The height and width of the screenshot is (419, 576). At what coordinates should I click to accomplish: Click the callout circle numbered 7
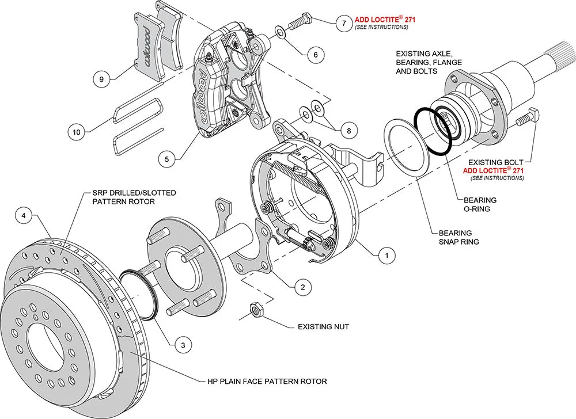coord(344,24)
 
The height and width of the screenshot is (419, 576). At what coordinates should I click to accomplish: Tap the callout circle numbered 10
coord(76,132)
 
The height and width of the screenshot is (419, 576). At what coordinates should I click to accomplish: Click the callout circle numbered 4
coord(24,216)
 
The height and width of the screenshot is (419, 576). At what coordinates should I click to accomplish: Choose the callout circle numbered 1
coord(386,253)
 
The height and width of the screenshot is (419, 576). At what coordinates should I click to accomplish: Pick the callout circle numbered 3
coord(183,345)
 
